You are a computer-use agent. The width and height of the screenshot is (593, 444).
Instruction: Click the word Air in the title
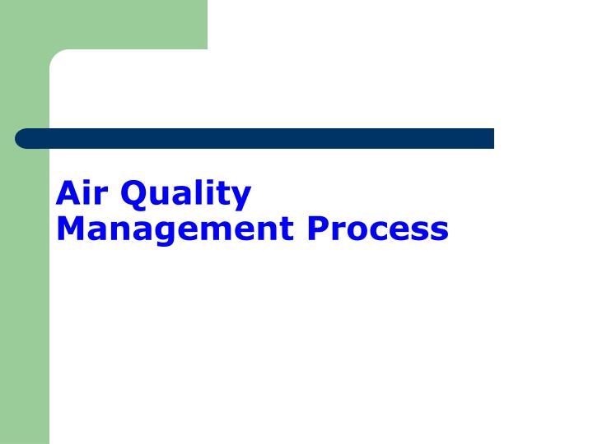point(83,194)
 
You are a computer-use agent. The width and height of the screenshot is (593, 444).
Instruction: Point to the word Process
point(378,229)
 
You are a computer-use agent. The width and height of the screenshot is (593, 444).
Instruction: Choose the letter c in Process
point(375,230)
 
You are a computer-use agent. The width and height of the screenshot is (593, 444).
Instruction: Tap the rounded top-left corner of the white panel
point(56,56)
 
